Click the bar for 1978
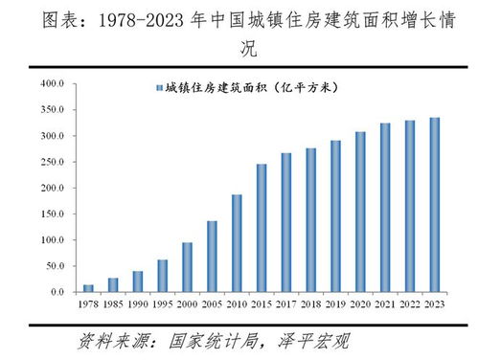[x=89, y=288]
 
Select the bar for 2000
[x=188, y=267]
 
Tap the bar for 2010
[x=237, y=243]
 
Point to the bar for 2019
[x=334, y=216]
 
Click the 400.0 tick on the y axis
[x=51, y=84]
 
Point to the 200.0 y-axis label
[x=51, y=188]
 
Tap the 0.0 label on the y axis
[x=56, y=292]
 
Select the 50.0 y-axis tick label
[x=53, y=266]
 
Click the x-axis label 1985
[x=113, y=304]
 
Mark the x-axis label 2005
[x=212, y=304]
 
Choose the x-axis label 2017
[x=285, y=304]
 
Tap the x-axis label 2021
[x=383, y=304]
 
